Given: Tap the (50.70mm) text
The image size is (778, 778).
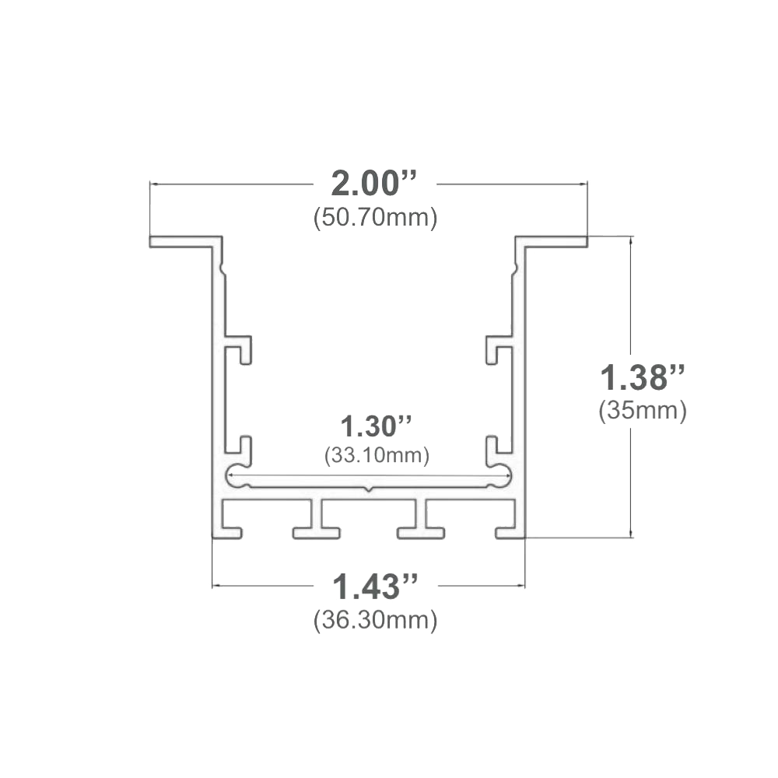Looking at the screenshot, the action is point(375,218).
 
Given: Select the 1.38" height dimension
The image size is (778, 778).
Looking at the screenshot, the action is point(643,377).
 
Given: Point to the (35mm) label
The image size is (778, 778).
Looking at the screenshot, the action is point(643,411).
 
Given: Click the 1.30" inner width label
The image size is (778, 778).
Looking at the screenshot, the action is point(376,426).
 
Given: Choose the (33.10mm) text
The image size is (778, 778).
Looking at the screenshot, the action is point(377,455).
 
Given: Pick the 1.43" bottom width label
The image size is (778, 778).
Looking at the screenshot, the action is point(375,587).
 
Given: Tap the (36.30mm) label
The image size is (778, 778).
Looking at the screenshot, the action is point(375,620).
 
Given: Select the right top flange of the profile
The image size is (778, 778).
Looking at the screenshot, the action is point(552,242).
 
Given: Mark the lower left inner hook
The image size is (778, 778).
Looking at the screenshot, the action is point(240,446).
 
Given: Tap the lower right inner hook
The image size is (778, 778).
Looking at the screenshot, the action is point(497,446).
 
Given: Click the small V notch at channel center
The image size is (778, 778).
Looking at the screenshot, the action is point(368,489).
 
